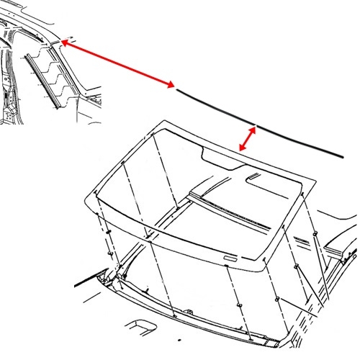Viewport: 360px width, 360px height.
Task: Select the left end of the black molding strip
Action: point(177,89)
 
